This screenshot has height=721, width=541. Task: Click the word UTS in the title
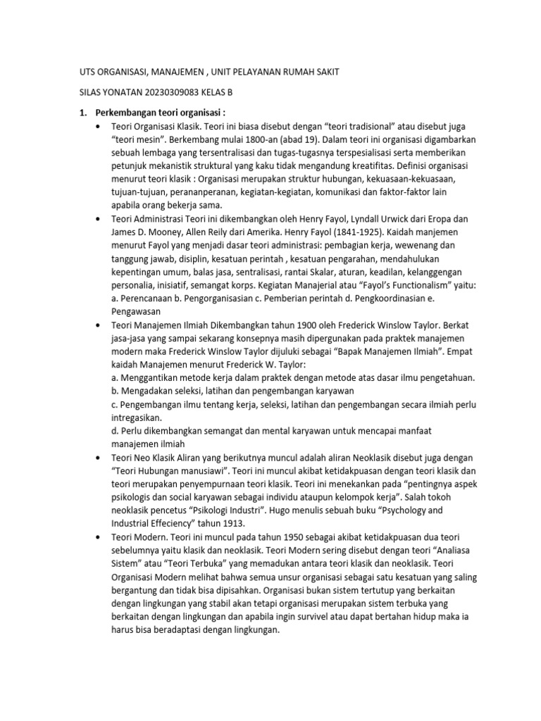[85, 72]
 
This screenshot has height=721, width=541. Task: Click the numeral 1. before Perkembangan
[82, 113]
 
